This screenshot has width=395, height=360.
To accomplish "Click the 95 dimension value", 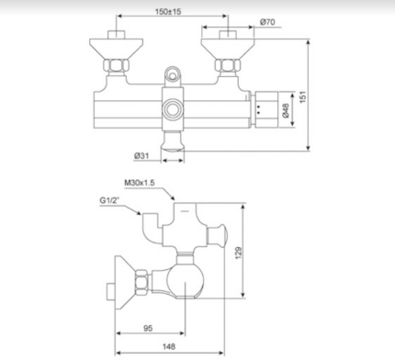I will [148, 326].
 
